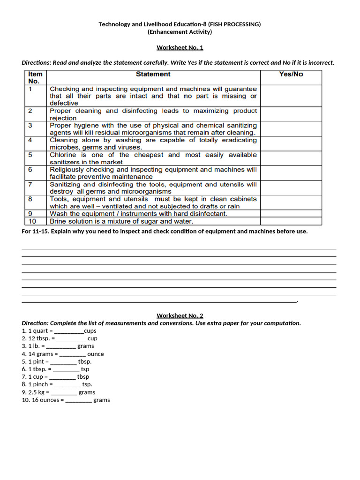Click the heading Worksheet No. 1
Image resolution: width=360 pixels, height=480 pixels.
tap(180, 47)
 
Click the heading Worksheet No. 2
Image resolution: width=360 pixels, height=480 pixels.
tap(180, 315)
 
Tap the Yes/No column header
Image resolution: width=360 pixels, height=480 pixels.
tap(291, 74)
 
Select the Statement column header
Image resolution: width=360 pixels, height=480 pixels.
tap(153, 74)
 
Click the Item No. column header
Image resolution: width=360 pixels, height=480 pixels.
tap(35, 77)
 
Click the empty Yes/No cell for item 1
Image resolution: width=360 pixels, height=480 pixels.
tap(291, 96)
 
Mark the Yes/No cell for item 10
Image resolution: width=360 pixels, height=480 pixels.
tap(291, 221)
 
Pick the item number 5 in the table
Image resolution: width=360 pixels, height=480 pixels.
tap(30, 155)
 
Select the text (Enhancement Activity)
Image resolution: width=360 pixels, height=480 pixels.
tap(180, 32)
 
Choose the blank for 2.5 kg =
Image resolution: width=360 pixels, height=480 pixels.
tap(64, 392)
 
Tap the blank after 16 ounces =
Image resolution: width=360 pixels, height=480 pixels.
tap(78, 400)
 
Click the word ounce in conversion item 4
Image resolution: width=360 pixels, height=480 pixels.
tap(96, 354)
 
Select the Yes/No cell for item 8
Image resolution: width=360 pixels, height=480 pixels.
tap(291, 202)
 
